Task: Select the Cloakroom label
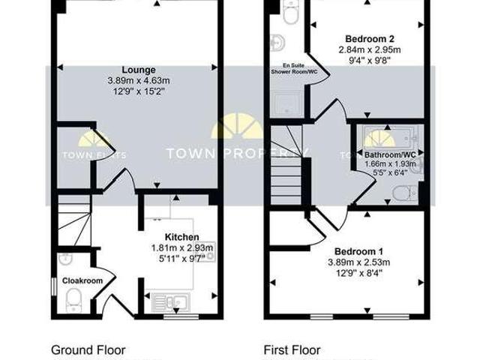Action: (82, 280)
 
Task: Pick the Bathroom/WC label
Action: (384, 154)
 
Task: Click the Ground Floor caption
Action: (88, 349)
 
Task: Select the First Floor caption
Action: (292, 349)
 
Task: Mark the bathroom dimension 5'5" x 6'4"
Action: (384, 173)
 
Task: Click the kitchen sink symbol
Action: (171, 303)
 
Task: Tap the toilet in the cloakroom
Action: (73, 301)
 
